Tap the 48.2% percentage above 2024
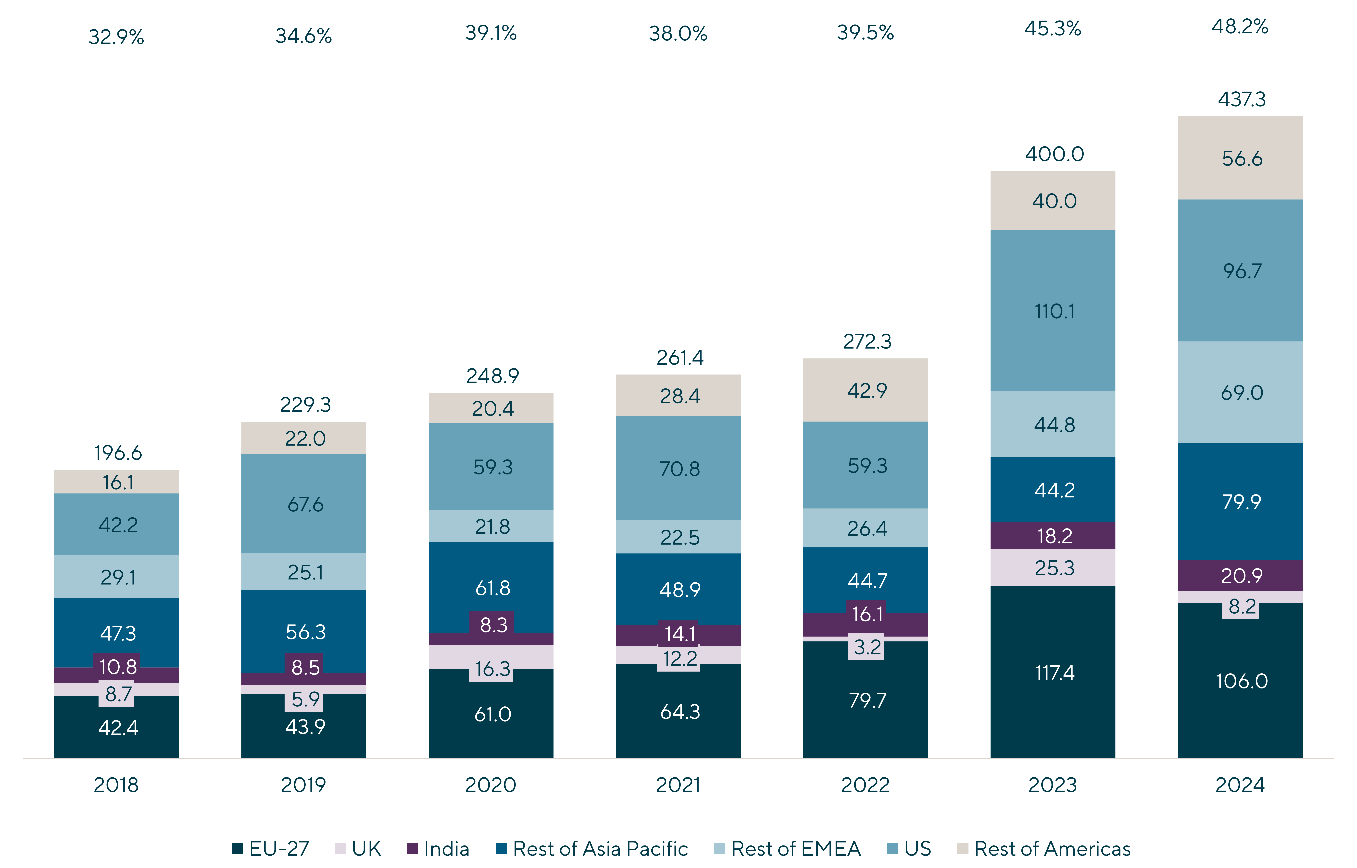pyautogui.click(x=1240, y=26)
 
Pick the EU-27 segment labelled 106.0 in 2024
pyautogui.click(x=1241, y=681)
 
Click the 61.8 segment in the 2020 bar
pyautogui.click(x=492, y=588)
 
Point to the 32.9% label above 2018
pyautogui.click(x=116, y=37)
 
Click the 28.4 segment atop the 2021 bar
pyautogui.click(x=679, y=396)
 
